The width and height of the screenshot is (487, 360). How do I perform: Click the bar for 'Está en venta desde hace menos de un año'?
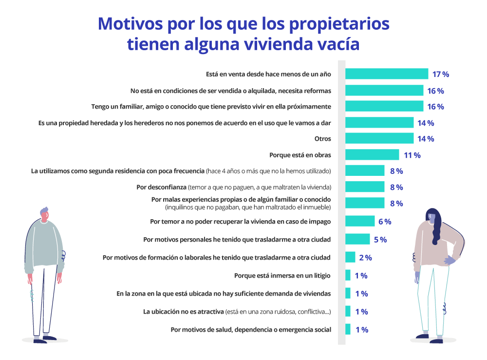pyautogui.click(x=387, y=74)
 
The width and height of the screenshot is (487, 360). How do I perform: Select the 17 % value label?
pyautogui.click(x=440, y=75)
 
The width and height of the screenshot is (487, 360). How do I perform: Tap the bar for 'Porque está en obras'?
pyautogui.click(x=372, y=155)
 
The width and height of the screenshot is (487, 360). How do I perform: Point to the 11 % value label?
pyautogui.click(x=412, y=155)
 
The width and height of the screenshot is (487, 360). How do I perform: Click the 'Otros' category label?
pyautogui.click(x=323, y=139)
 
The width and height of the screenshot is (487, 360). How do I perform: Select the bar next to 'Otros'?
pyautogui.click(x=379, y=139)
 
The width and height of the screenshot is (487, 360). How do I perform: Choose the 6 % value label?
pyautogui.click(x=385, y=222)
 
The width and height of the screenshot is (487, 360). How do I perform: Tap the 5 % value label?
pyautogui.click(x=380, y=239)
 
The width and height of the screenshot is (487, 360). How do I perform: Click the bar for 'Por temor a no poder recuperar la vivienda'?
pyautogui.click(x=360, y=222)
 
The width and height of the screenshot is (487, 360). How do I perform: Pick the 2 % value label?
pyautogui.click(x=365, y=258)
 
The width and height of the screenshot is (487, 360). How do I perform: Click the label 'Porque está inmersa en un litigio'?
pyautogui.click(x=282, y=276)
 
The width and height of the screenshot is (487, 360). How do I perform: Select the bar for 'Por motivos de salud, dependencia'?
pyautogui.click(x=348, y=330)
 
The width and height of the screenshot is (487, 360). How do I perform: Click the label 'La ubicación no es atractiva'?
pyautogui.click(x=183, y=312)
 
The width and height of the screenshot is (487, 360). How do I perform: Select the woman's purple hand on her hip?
pyautogui.click(x=449, y=261)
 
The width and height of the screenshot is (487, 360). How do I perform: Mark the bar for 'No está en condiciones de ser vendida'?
pyautogui.click(x=384, y=91)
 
